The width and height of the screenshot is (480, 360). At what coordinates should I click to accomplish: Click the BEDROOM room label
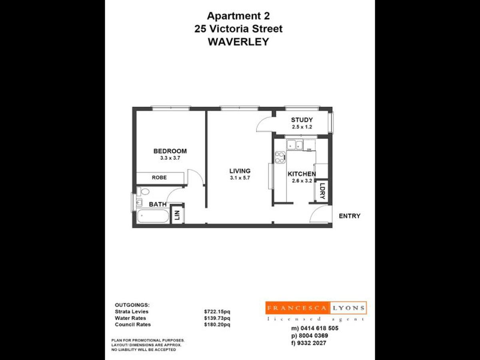pyautogui.click(x=170, y=151)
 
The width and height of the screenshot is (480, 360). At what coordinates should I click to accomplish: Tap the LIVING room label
pyautogui.click(x=240, y=171)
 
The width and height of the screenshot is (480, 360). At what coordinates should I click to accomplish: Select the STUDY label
pyautogui.click(x=302, y=120)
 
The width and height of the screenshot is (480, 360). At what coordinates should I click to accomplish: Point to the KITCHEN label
pyautogui.click(x=302, y=174)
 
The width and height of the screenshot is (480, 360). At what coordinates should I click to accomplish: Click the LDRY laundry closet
pyautogui.click(x=322, y=191)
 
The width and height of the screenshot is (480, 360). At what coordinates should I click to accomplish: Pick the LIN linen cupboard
pyautogui.click(x=177, y=216)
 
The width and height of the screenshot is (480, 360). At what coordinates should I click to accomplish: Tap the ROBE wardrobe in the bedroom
pyautogui.click(x=159, y=178)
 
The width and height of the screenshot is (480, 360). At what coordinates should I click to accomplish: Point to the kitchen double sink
pyautogui.click(x=294, y=144)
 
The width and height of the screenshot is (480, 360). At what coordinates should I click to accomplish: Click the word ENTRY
pyautogui.click(x=350, y=216)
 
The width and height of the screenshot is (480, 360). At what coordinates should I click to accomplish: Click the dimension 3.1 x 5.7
pyautogui.click(x=240, y=178)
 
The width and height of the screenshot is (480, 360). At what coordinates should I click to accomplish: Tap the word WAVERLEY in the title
pyautogui.click(x=238, y=41)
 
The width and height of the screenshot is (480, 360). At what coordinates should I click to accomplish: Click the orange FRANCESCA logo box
pyautogui.click(x=298, y=308)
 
